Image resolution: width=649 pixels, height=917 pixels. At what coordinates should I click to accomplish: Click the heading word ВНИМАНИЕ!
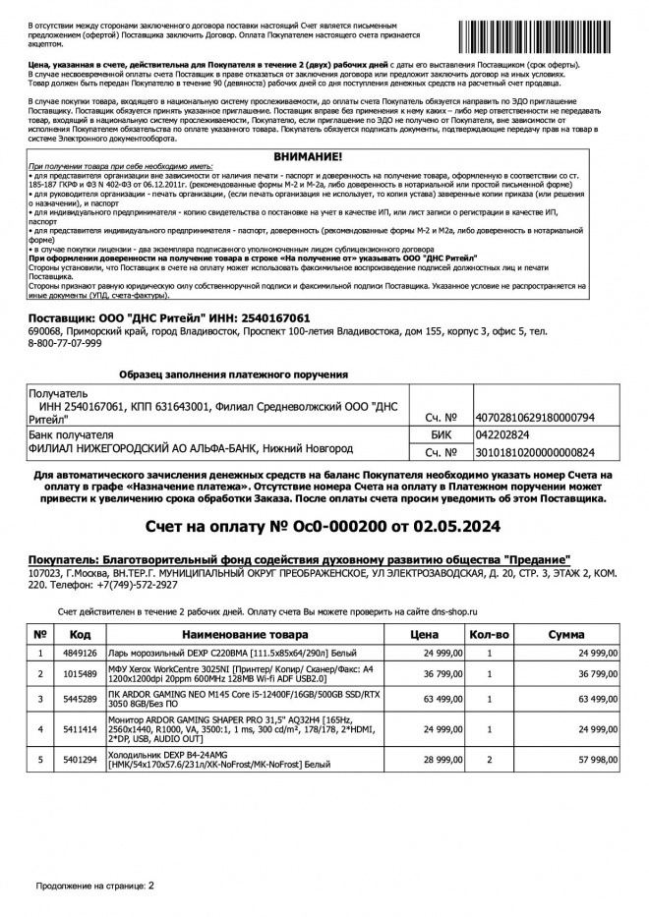[309, 156]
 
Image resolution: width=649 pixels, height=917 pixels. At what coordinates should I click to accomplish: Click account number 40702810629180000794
[535, 418]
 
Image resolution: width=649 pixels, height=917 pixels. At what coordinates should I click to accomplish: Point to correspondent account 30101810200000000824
[535, 452]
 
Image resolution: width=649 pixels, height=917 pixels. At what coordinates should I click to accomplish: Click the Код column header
[81, 635]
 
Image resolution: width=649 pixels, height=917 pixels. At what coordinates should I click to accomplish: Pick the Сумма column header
[572, 635]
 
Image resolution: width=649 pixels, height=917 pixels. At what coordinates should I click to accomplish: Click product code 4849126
[81, 653]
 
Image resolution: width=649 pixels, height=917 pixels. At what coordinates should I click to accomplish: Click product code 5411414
[81, 728]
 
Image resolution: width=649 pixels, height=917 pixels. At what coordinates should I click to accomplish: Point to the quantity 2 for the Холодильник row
[489, 760]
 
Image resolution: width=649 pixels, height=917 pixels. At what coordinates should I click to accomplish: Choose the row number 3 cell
[40, 699]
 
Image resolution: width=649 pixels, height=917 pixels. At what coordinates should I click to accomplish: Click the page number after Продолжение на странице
[151, 886]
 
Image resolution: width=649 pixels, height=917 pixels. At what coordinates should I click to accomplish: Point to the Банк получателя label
[70, 434]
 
